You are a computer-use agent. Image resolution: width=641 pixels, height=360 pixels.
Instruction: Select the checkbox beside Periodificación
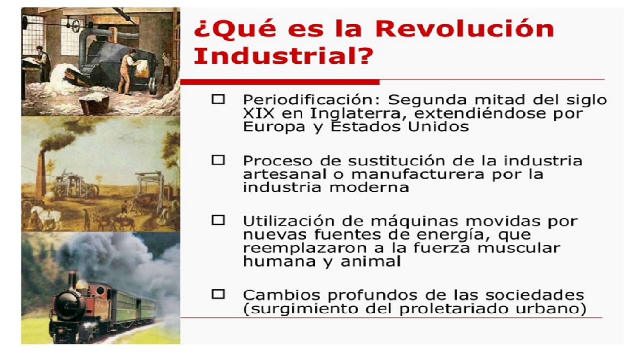[218, 99]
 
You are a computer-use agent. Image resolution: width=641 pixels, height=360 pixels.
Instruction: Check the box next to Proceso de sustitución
[218, 160]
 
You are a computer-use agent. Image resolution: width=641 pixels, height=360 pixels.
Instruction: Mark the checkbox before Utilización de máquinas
[218, 220]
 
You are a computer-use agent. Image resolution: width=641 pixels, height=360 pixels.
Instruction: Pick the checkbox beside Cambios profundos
[218, 294]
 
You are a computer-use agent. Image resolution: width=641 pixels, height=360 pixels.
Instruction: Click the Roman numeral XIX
[259, 113]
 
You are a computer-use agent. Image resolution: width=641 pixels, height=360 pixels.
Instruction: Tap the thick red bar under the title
[280, 82]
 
